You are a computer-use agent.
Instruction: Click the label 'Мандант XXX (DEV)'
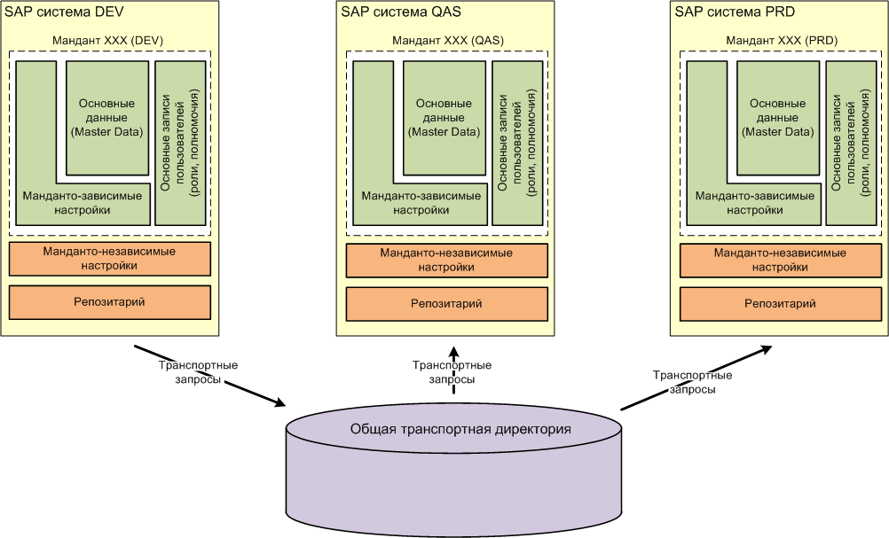click(109, 40)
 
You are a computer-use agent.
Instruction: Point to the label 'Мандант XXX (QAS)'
click(446, 40)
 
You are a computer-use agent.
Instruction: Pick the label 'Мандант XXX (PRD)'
click(781, 40)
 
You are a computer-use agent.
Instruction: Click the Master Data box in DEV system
click(106, 118)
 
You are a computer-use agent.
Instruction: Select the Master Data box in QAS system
click(444, 118)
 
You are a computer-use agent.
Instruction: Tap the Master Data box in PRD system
click(778, 118)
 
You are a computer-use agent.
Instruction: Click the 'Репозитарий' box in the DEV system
click(109, 302)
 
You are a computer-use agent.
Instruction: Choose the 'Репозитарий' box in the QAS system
click(446, 304)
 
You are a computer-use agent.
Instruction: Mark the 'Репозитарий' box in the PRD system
click(781, 304)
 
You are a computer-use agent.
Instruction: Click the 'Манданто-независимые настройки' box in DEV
click(109, 258)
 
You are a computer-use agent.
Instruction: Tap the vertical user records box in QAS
click(517, 142)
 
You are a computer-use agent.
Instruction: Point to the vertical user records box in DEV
click(180, 142)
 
